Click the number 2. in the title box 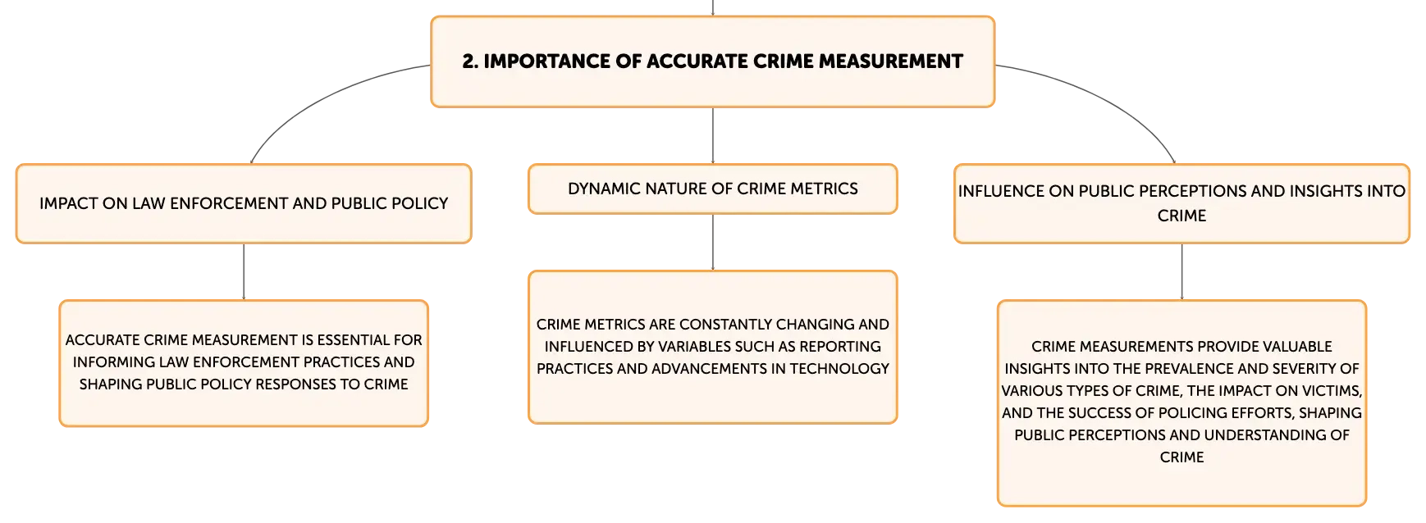pyautogui.click(x=470, y=61)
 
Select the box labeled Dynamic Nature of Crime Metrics pyautogui.click(x=713, y=189)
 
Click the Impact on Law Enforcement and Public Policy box pyautogui.click(x=244, y=204)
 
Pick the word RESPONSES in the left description pyautogui.click(x=288, y=384)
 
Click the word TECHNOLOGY pyautogui.click(x=839, y=369)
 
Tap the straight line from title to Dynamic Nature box pyautogui.click(x=713, y=135)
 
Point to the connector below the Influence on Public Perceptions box pyautogui.click(x=1182, y=272)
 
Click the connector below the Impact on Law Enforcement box pyautogui.click(x=244, y=272)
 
